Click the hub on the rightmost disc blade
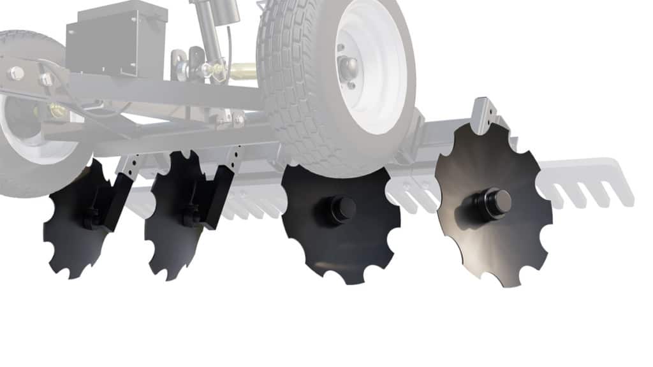[494, 201]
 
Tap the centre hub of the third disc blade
[342, 209]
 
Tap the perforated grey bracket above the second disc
[236, 156]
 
